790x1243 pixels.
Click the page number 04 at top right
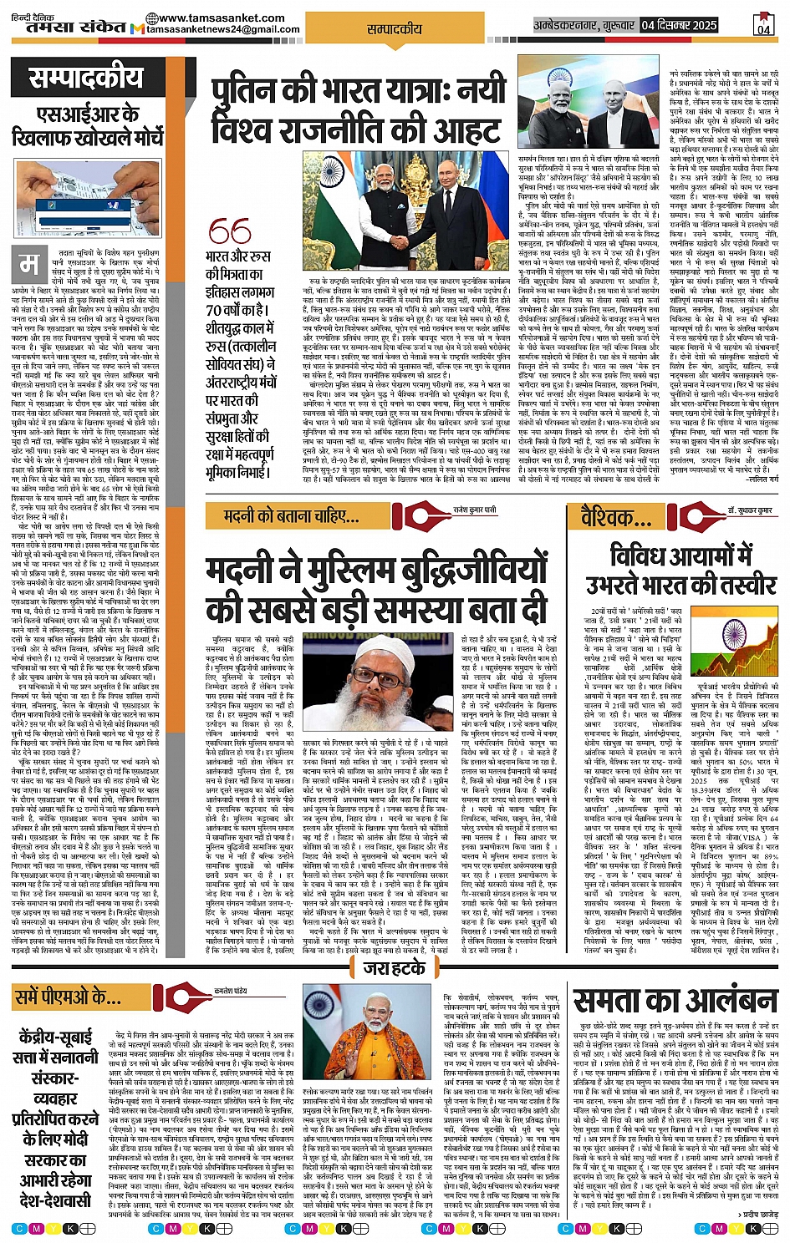pos(762,26)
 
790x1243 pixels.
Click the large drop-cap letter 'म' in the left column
pos(29,265)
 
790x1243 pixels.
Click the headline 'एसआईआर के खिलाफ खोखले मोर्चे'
pos(87,124)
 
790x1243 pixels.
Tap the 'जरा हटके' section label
pos(395,968)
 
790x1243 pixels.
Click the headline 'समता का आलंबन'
pos(675,1001)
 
